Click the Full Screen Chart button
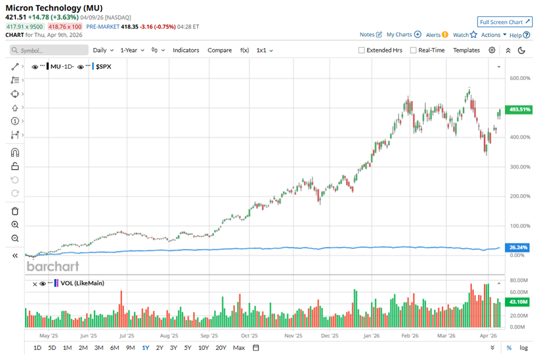(x=504, y=22)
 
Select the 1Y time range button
(x=145, y=348)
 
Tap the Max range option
(x=238, y=348)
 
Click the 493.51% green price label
(x=519, y=110)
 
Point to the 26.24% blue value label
(x=518, y=247)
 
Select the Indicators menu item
(x=185, y=50)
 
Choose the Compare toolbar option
(x=219, y=50)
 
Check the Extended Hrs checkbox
(x=362, y=50)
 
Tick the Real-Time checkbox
(x=413, y=50)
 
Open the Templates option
(x=466, y=50)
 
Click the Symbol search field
(x=50, y=51)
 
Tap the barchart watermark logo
(x=52, y=267)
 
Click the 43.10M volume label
(x=519, y=302)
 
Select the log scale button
(x=524, y=348)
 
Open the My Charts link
(x=403, y=35)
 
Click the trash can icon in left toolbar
(x=15, y=211)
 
